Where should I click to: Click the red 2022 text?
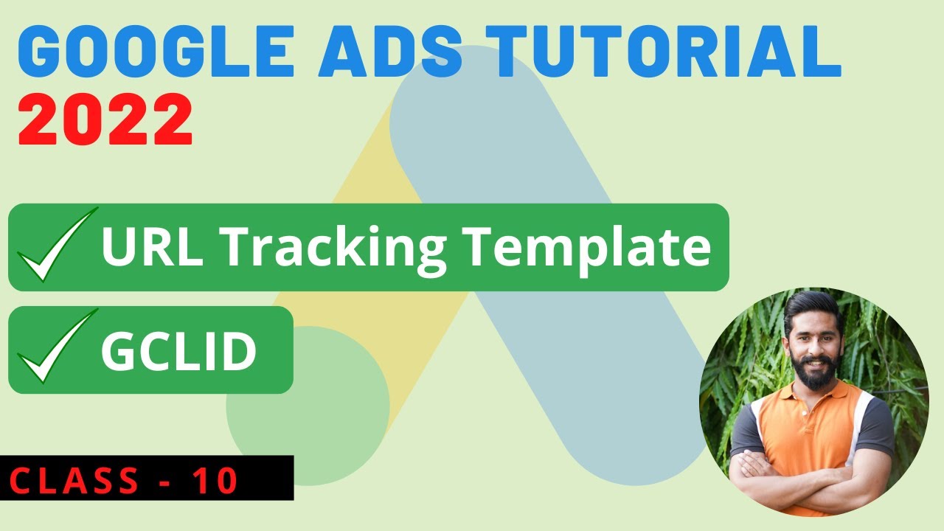105,120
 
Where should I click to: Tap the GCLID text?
178,352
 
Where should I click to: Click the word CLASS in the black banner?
74,481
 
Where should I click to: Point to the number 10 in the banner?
215,481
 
